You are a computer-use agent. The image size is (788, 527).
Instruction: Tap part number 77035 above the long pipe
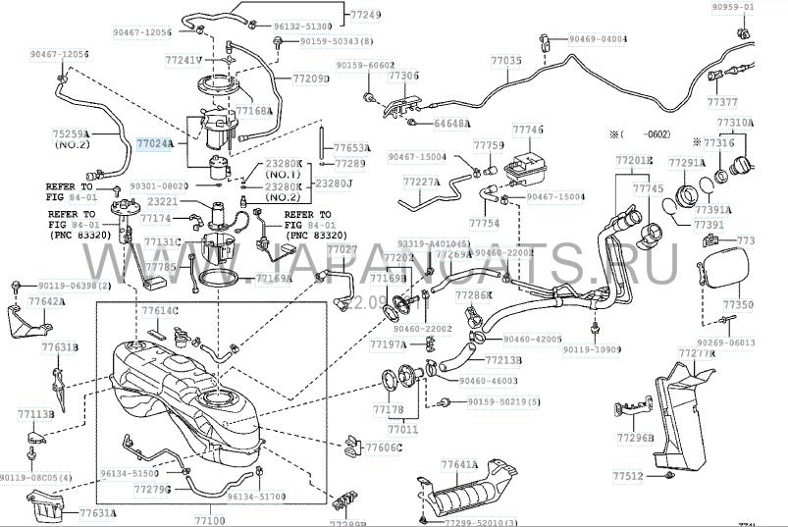506,61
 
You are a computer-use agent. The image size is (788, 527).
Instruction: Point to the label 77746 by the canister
527,130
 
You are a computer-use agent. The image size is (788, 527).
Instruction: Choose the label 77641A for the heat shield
458,464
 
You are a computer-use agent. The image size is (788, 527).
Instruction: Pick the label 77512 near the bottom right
629,476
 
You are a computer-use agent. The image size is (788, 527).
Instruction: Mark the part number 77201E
634,159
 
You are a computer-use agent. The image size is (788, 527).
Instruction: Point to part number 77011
402,429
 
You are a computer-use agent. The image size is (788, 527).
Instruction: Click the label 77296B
636,437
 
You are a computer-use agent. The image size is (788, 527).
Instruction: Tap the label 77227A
421,182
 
